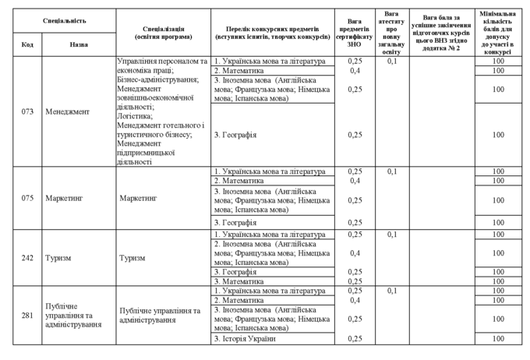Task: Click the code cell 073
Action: point(27,111)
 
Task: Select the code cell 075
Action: point(27,198)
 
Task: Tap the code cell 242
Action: point(27,258)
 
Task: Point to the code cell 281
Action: point(27,315)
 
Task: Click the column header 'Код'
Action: point(27,44)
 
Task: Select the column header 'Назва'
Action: point(79,44)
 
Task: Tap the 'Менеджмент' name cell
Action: point(68,111)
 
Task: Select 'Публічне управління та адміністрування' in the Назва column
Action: point(74,315)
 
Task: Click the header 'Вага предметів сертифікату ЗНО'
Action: point(355,32)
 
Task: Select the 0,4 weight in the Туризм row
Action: point(355,253)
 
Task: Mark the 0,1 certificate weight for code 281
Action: point(392,291)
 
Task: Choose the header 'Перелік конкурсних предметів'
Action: point(272,32)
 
